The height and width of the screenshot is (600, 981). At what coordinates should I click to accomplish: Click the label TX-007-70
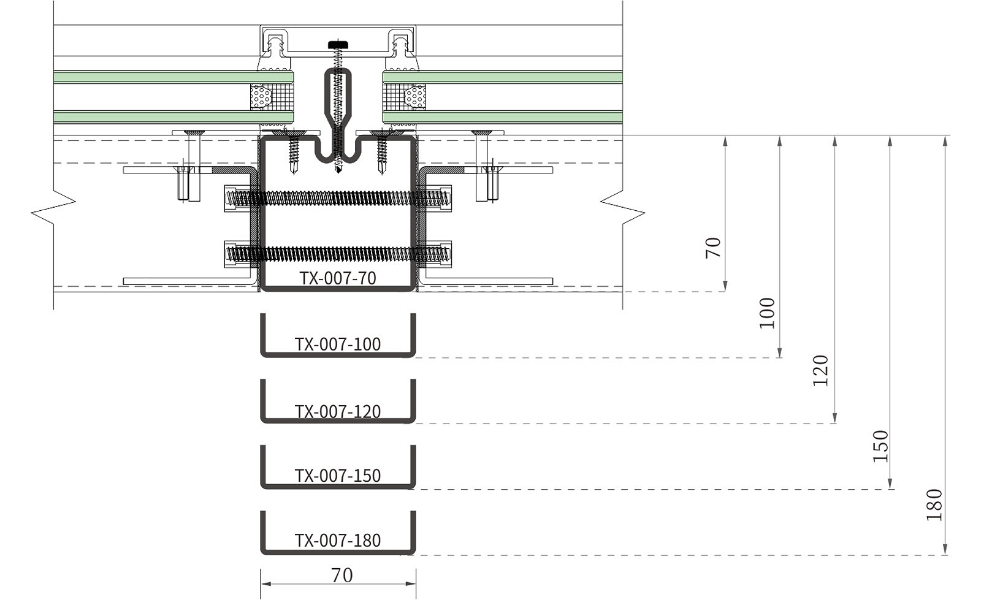point(338,278)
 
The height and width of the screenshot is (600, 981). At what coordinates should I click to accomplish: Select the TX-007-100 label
point(338,344)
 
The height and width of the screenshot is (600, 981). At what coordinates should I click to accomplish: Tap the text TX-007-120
point(338,411)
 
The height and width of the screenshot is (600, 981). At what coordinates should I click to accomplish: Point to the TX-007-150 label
point(338,476)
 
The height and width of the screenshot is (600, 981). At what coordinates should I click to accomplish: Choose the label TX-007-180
point(338,541)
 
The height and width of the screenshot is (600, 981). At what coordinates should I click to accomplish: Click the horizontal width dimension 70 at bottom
point(342,575)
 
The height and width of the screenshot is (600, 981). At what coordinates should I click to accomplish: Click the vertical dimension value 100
point(767,313)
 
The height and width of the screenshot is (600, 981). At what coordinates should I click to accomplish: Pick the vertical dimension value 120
point(820,370)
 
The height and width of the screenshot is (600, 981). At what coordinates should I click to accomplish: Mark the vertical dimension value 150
point(880,446)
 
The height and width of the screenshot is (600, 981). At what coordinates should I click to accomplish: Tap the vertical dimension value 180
point(934,504)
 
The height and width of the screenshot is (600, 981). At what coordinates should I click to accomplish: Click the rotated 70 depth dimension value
point(714,248)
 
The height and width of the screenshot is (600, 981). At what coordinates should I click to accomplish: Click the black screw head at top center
point(338,44)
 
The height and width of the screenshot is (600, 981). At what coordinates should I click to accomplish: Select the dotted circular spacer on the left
point(261,97)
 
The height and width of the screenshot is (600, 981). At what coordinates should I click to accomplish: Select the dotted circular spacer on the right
point(415,97)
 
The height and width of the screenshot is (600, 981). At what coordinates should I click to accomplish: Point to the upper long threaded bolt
point(338,198)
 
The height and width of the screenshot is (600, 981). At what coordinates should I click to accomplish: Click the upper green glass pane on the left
point(172,77)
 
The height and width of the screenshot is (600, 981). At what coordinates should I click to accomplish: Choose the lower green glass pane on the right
point(503,117)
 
